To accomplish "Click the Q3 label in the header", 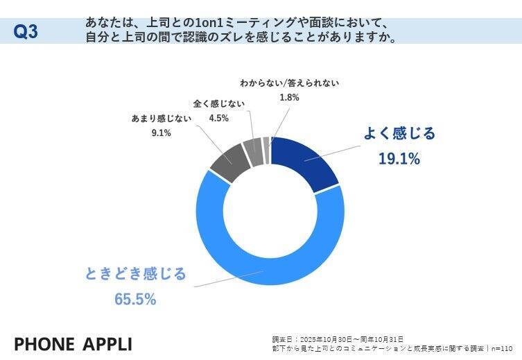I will click(x=26, y=32).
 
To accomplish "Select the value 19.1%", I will click(x=399, y=159).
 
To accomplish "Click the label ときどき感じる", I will click(x=136, y=274).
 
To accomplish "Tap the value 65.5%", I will click(x=136, y=299).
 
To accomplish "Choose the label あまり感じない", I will click(x=160, y=119).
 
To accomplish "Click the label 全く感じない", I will click(x=219, y=103).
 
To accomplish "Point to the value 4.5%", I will click(x=219, y=118).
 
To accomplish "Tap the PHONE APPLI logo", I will click(x=73, y=344).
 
